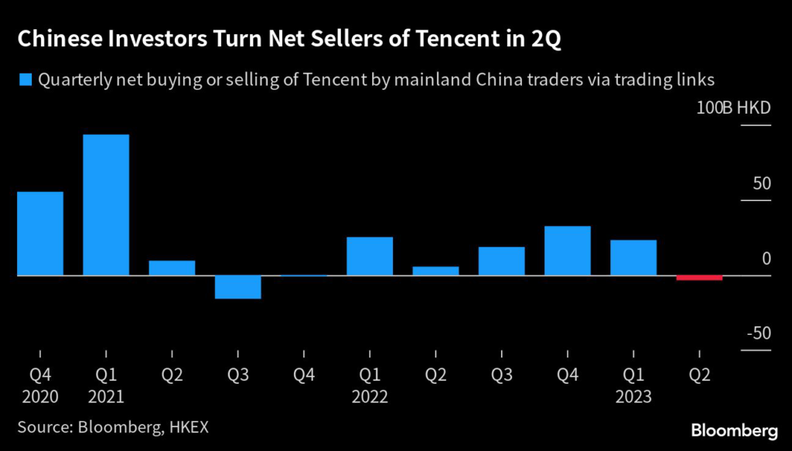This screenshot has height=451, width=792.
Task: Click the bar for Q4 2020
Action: (40, 233)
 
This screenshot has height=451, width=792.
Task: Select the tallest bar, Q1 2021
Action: (106, 205)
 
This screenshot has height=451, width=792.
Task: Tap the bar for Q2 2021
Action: (172, 268)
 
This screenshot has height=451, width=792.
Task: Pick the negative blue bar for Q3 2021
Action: (237, 287)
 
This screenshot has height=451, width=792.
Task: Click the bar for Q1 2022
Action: (370, 256)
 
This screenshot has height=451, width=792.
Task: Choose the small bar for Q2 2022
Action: (435, 271)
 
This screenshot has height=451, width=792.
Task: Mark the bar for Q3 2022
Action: (501, 261)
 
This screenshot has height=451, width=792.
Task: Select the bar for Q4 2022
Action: (568, 251)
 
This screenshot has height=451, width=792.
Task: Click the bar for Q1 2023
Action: (633, 258)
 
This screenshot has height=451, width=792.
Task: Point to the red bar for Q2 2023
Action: (699, 278)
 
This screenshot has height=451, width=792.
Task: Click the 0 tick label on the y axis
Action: (766, 259)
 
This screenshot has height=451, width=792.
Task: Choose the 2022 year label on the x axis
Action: (370, 398)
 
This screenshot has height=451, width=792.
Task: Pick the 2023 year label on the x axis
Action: (633, 398)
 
